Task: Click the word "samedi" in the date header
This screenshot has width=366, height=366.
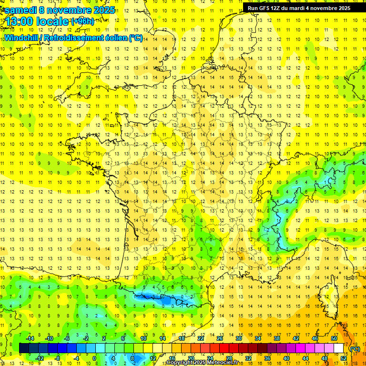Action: pyautogui.click(x=20, y=10)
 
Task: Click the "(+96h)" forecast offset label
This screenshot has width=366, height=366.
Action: pyautogui.click(x=82, y=21)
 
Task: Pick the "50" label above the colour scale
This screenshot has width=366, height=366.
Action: pyautogui.click(x=334, y=338)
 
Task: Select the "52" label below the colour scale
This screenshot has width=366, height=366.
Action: pyautogui.click(x=344, y=358)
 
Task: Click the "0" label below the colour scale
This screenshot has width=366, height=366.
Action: pyautogui.click(x=94, y=358)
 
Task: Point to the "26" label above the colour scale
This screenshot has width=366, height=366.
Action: pyautogui.click(x=220, y=338)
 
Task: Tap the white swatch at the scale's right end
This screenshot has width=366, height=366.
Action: pyautogui.click(x=339, y=348)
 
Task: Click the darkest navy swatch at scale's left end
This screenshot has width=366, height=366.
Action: pyautogui.click(x=24, y=348)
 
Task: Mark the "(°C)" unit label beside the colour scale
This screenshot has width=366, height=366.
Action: pyautogui.click(x=355, y=348)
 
